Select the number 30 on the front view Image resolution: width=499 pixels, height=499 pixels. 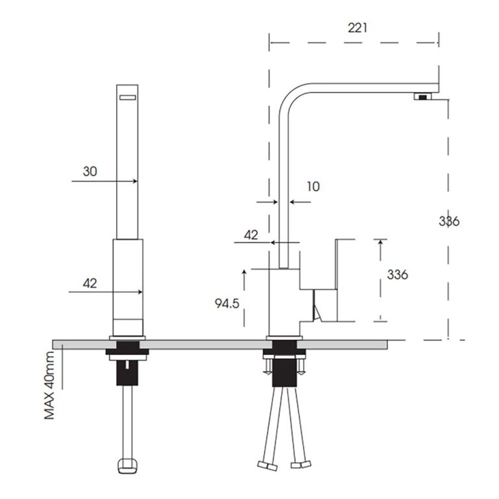[x=90, y=172]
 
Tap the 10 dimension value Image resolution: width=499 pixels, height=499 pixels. [x=313, y=187]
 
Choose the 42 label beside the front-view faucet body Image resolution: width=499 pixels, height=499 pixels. [x=90, y=283]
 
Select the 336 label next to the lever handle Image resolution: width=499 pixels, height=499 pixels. [x=397, y=274]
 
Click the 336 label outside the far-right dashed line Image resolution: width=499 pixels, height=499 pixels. [x=448, y=222]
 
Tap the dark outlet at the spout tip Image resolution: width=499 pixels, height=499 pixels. [x=424, y=97]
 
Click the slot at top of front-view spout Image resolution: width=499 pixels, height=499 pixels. [x=127, y=97]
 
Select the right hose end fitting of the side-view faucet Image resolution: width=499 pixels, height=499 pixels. [x=301, y=466]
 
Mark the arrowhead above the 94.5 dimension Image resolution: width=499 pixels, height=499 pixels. [x=244, y=272]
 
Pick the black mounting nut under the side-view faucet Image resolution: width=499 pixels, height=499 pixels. [x=283, y=374]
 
